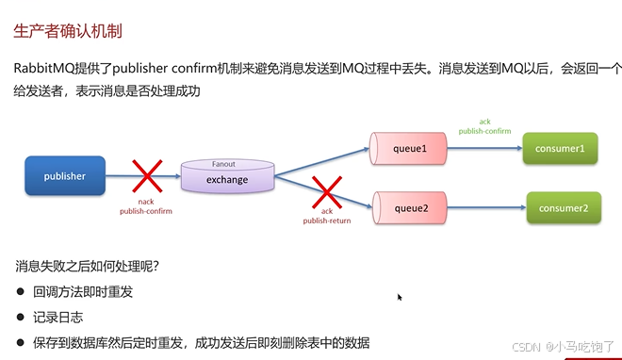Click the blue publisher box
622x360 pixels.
64,175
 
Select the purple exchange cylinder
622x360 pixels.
227,177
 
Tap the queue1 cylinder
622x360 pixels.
409,148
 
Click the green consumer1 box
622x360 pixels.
561,148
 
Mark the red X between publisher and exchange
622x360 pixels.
146,176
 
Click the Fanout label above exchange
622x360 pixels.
223,163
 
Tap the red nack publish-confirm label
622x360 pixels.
146,206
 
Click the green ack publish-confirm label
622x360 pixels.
484,126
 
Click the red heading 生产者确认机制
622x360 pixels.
67,31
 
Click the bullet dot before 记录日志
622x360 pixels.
20,318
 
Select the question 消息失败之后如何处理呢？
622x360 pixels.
87,266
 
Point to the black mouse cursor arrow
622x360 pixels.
400,297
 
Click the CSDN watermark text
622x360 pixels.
536,346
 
